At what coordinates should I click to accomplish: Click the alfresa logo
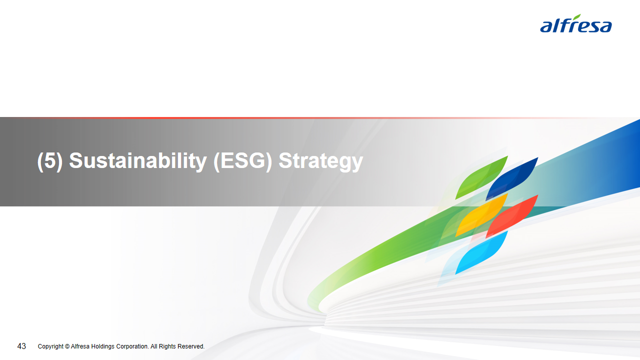[575, 23]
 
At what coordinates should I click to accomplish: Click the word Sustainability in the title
[137, 161]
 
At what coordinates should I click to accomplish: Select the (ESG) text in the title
[242, 161]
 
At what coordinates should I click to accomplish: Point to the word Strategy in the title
[320, 161]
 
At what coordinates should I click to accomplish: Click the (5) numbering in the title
[49, 161]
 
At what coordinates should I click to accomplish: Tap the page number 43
[21, 346]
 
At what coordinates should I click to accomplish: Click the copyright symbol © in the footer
[67, 346]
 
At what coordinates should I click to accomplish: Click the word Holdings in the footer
[102, 346]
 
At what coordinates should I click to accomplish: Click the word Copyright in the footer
[50, 346]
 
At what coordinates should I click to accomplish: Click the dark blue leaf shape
[513, 178]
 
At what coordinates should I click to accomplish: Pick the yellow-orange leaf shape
[482, 215]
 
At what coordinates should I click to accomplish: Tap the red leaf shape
[513, 216]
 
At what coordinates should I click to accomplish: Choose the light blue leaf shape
[482, 252]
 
